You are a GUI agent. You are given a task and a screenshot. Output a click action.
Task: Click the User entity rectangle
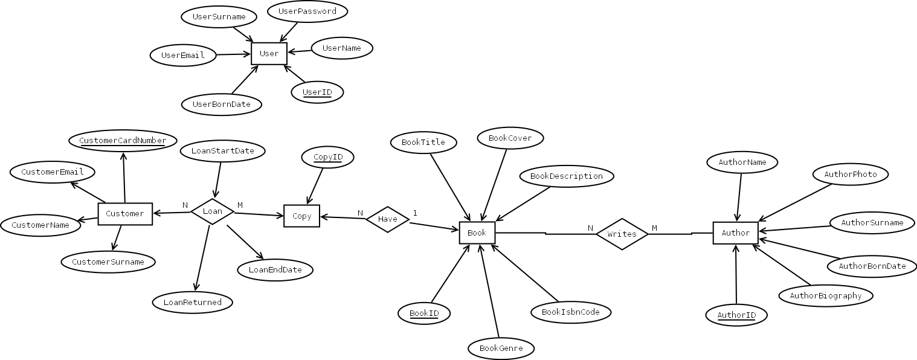point(269,54)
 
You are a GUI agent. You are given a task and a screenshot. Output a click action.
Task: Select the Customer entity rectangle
point(125,214)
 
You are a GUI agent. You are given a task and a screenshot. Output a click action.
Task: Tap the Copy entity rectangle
point(301,216)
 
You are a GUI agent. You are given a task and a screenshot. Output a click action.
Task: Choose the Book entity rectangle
point(477,233)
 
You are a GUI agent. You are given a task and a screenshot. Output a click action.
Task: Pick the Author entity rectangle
point(735,233)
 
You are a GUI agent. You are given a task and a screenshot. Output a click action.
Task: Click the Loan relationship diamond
point(212,211)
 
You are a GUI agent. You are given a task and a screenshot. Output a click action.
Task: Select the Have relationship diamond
point(387,219)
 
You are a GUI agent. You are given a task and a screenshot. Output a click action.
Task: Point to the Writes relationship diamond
point(622,234)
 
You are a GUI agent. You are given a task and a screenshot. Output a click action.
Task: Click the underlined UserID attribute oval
point(317,92)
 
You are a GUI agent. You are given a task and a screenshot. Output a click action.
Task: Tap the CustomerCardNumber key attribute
point(123,141)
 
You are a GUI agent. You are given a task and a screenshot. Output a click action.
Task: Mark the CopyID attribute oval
point(328,157)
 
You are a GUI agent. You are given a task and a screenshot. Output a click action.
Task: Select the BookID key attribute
point(424,313)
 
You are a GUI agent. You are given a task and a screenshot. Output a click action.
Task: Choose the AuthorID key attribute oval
point(736,315)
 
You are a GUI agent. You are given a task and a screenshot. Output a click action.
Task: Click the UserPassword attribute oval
point(307,11)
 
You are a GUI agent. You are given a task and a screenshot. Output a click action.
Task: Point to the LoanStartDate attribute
point(222,150)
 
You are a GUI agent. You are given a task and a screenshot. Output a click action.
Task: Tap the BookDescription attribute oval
point(567,176)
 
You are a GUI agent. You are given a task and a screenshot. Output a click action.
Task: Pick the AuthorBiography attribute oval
point(826,296)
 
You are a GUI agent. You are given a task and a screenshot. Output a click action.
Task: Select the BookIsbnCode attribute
point(571,312)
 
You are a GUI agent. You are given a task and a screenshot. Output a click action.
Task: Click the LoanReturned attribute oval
point(192,303)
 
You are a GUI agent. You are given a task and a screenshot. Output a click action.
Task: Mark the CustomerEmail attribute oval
point(52,172)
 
